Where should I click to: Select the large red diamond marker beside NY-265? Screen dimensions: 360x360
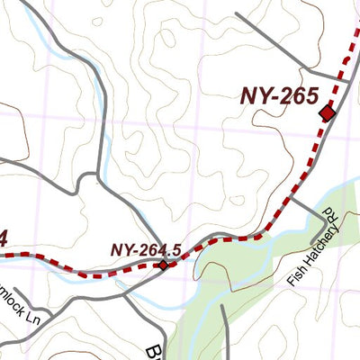pos(327,112)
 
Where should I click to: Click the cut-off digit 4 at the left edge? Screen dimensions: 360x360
pos(4,238)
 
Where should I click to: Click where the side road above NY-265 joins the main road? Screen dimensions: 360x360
pos(346,81)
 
